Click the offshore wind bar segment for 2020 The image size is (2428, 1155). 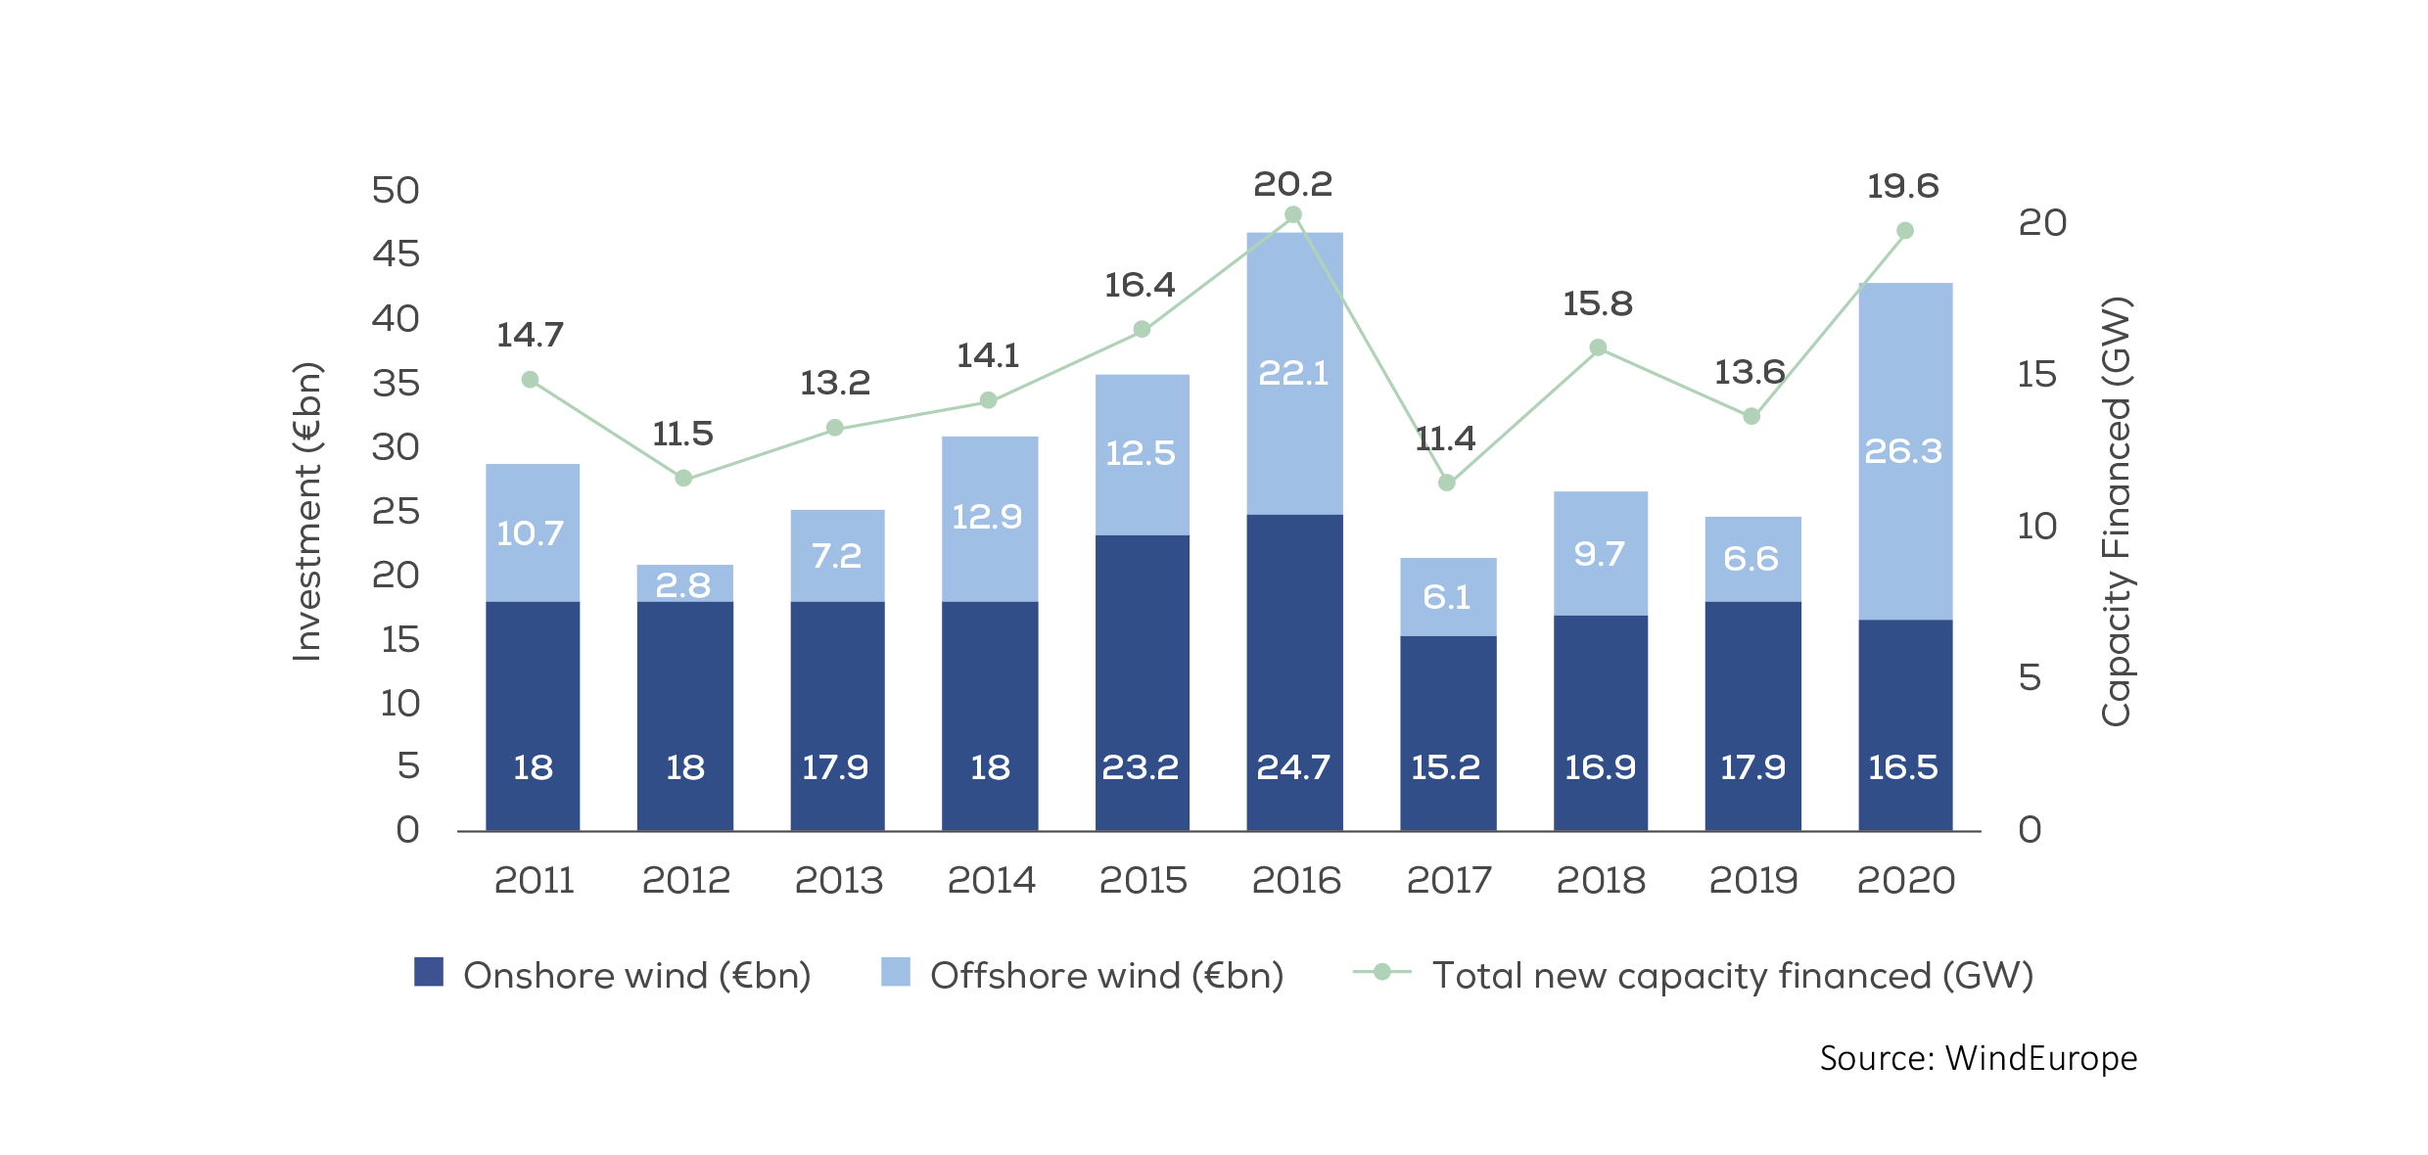(1905, 392)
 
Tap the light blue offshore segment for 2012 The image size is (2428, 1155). (684, 583)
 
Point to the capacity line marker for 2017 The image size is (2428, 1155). (1447, 483)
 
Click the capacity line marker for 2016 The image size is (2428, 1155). (1293, 214)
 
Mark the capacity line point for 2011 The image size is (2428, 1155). (530, 380)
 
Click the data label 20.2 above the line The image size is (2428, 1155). (1293, 184)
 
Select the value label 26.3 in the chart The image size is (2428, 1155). (1903, 451)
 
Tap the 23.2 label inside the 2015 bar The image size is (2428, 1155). (1141, 767)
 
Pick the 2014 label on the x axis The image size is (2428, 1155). (991, 881)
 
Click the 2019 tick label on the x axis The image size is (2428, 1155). (1753, 881)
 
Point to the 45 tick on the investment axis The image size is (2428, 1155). (396, 254)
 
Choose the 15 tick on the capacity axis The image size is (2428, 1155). (2037, 375)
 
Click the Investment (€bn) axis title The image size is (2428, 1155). (307, 511)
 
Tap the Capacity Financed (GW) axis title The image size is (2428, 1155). (2116, 511)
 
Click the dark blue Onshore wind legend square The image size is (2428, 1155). (429, 972)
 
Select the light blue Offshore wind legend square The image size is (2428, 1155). (896, 972)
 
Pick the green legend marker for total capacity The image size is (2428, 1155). (1382, 972)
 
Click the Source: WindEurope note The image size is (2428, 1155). (1979, 1058)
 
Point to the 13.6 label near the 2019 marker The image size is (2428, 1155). (1750, 372)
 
